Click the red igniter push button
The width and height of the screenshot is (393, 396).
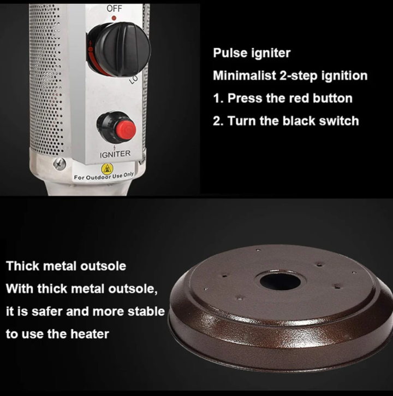[126, 130]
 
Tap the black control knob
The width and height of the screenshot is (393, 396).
[120, 49]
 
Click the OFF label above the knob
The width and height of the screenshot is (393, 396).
[114, 8]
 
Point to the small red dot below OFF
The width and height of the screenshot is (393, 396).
[114, 18]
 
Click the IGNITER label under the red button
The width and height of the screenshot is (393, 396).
[115, 154]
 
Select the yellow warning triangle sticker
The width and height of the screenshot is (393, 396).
[108, 169]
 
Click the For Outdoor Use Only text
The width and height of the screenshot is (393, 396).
[104, 177]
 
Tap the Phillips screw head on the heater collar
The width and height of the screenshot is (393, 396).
[59, 164]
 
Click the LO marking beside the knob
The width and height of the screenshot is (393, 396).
[134, 79]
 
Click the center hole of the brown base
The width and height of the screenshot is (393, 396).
[280, 281]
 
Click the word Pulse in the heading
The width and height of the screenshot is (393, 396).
[230, 53]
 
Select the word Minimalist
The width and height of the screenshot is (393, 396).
[245, 75]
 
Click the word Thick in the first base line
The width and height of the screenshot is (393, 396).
[22, 266]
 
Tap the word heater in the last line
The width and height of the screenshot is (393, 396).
[90, 334]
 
